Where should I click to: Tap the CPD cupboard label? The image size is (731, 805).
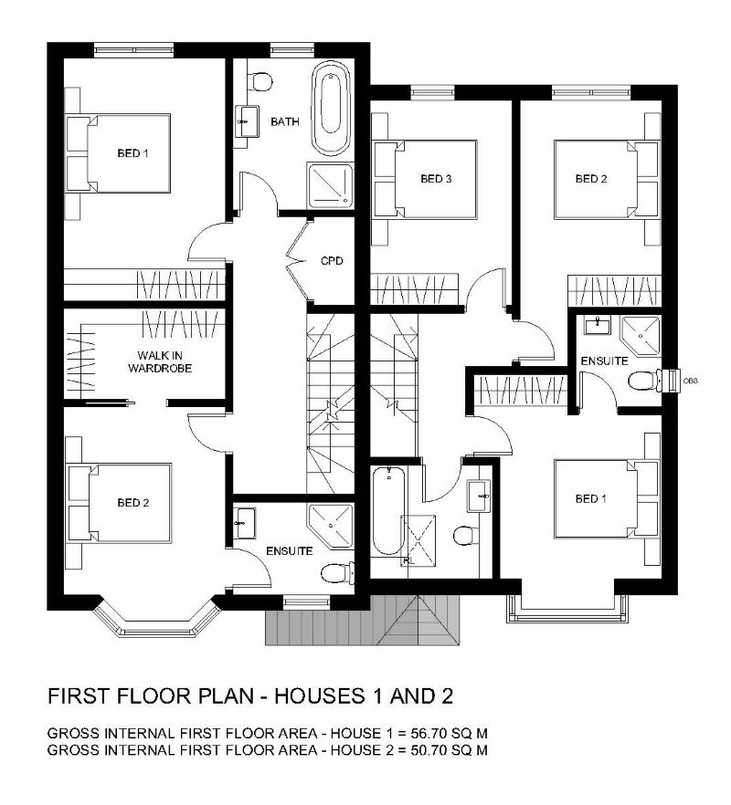(x=331, y=261)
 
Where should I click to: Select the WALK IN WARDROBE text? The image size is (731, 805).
(x=156, y=361)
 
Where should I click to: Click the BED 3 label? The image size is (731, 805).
(x=436, y=179)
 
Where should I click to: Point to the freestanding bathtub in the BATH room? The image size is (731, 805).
(x=331, y=110)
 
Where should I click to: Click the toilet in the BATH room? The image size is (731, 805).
(x=262, y=81)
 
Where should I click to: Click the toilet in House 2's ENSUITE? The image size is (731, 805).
(x=645, y=381)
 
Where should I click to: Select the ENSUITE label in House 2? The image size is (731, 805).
(x=604, y=361)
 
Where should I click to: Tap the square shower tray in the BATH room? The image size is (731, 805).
(x=329, y=185)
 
